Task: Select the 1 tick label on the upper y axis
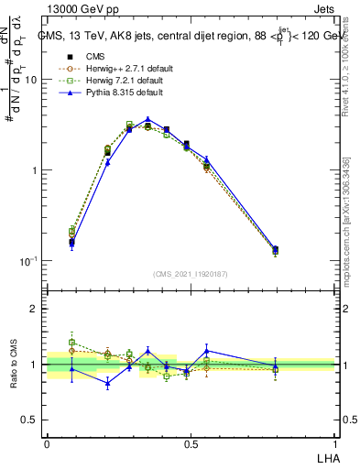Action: (x=35, y=170)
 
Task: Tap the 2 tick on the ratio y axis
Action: (x=35, y=309)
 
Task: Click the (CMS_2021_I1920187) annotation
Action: (x=191, y=274)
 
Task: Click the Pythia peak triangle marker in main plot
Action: (x=147, y=119)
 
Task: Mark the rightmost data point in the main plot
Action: (x=276, y=249)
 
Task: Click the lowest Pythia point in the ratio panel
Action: (x=108, y=384)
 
